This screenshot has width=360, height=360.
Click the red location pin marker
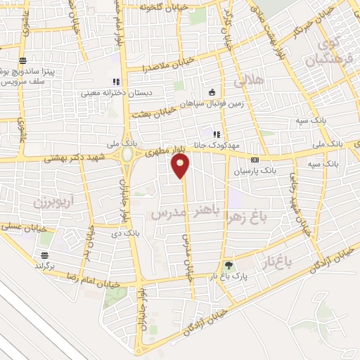pos(181,166)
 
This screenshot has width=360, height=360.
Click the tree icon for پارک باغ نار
pos(228,266)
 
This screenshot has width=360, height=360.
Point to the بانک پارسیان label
pos(290,170)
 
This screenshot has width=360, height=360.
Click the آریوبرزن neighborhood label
pos(53,203)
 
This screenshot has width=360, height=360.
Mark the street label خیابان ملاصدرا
pos(144,69)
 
